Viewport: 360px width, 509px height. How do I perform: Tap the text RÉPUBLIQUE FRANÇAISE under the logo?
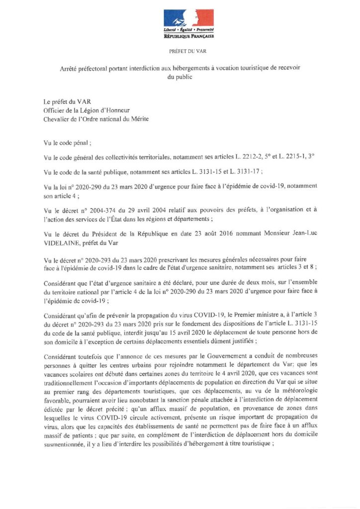pos(188,36)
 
